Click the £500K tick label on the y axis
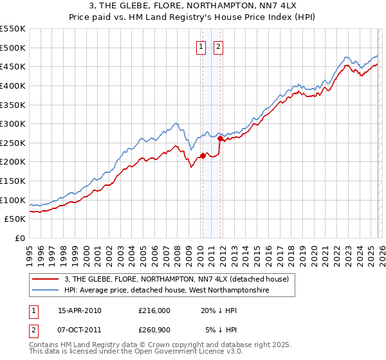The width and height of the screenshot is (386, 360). click(x=13, y=48)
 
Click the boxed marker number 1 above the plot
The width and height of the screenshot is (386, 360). click(x=201, y=46)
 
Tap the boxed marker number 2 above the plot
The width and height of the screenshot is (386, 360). click(x=219, y=46)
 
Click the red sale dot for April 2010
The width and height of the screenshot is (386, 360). click(x=203, y=156)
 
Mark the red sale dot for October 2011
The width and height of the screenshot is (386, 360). click(x=220, y=138)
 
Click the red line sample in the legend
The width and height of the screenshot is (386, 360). click(x=46, y=279)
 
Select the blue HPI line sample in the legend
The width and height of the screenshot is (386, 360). click(x=46, y=291)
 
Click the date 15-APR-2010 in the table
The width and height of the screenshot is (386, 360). click(x=80, y=310)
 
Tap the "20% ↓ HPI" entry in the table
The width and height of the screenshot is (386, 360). click(x=219, y=310)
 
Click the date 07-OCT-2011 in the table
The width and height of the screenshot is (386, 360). click(x=80, y=329)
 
